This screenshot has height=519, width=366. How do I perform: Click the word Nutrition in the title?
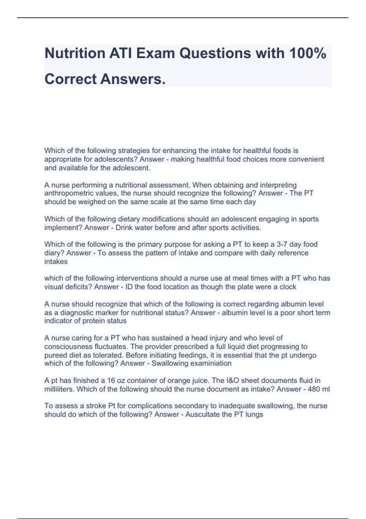75,53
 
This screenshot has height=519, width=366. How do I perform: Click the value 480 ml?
319,389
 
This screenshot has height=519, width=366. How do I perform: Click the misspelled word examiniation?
211,363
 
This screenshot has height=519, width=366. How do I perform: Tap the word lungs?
254,414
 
